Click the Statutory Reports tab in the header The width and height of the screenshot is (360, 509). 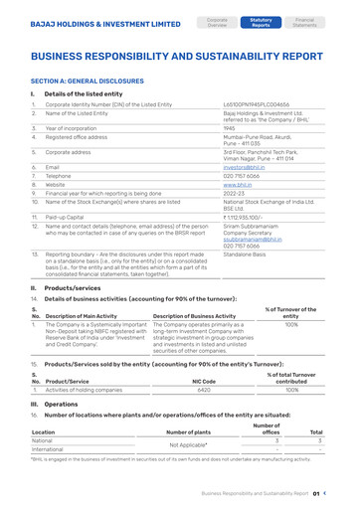262,21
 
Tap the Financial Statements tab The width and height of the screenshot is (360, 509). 305,21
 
